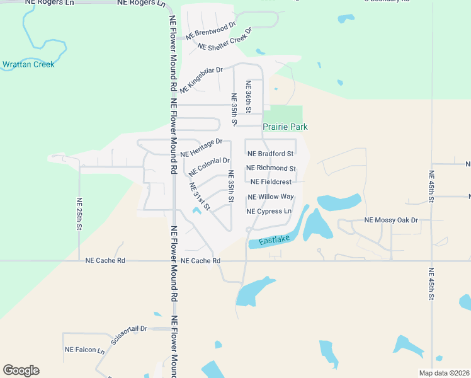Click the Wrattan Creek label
coord(28,64)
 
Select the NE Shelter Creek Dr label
coord(225,39)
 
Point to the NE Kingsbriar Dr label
coord(201,80)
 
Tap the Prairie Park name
coord(285,127)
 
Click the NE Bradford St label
coord(271,154)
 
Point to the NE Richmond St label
coord(271,168)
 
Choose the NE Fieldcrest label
coord(271,182)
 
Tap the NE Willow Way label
coord(271,197)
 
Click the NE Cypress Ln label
coord(270,211)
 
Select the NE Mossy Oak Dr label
coord(391,220)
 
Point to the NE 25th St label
coord(80,214)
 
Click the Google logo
coord(21,370)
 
